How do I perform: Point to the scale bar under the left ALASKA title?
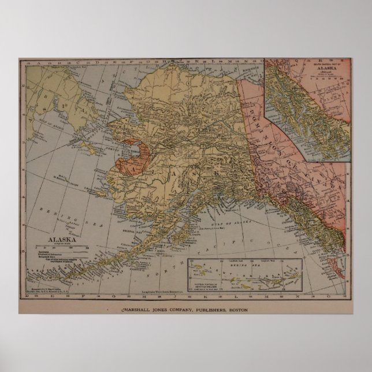click(61, 247)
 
